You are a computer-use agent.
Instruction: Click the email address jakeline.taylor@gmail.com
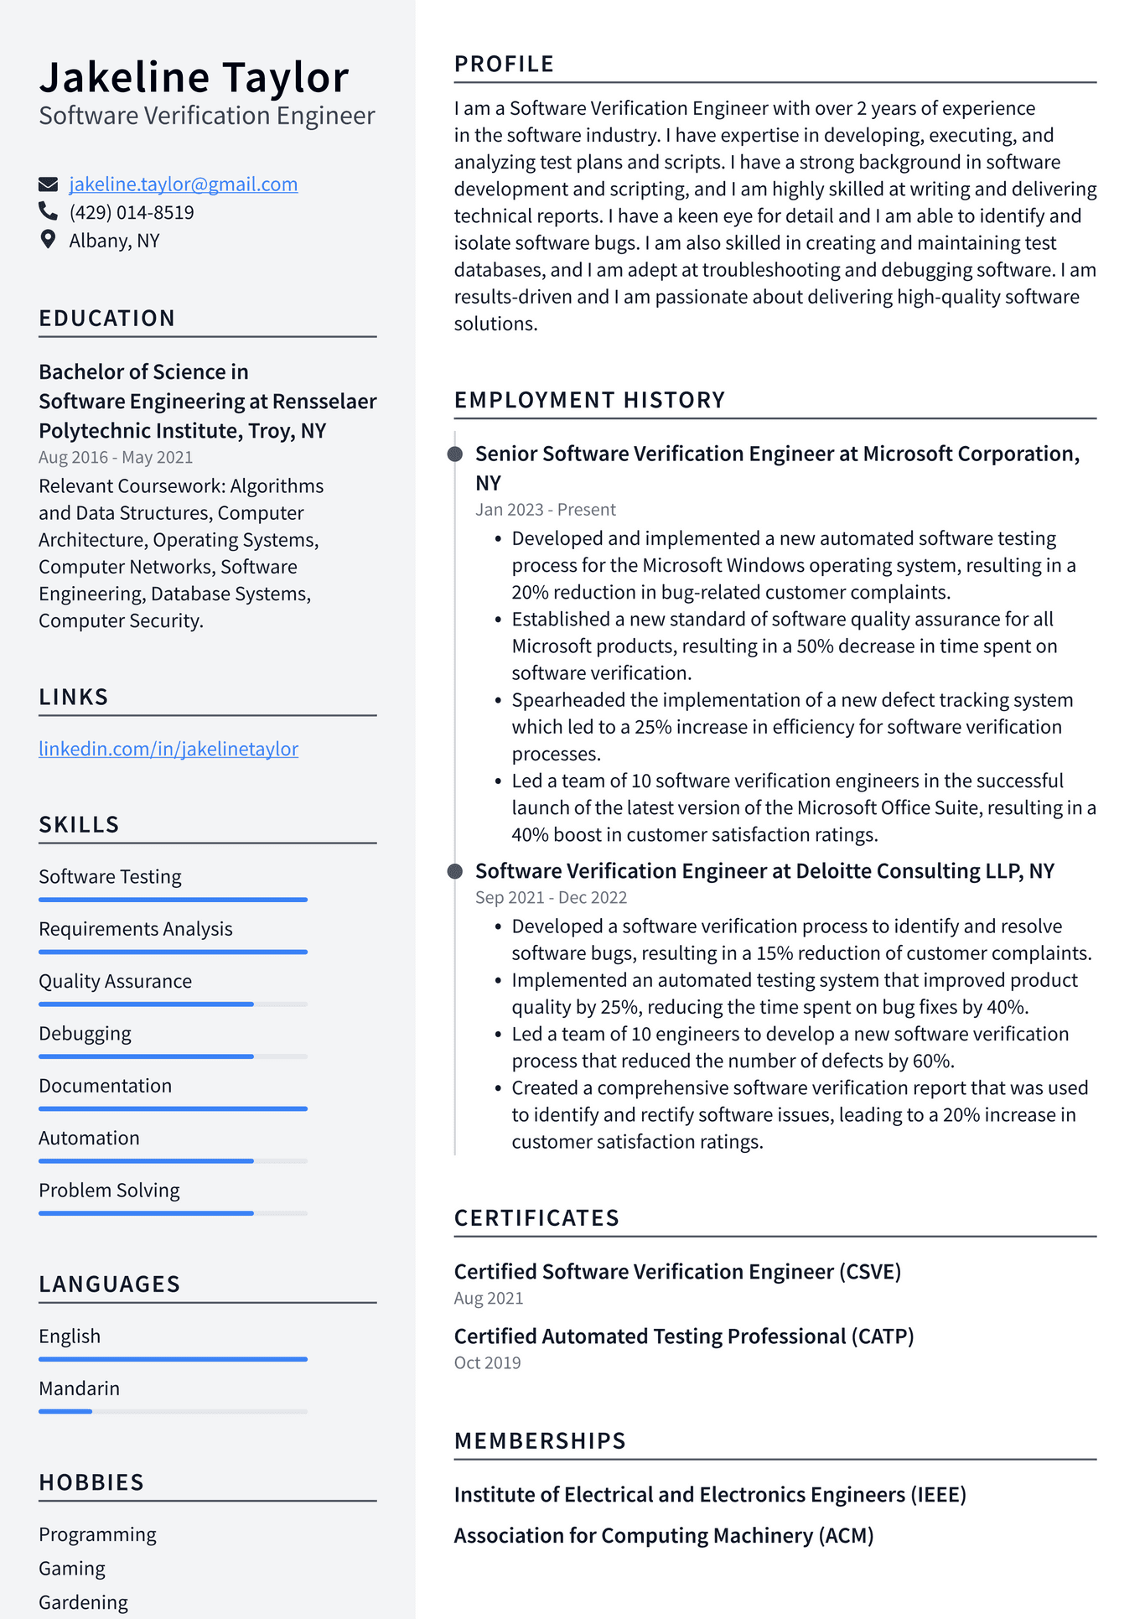pos(183,184)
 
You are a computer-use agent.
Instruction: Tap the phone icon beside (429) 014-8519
pos(48,211)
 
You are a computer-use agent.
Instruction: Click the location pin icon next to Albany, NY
pos(48,240)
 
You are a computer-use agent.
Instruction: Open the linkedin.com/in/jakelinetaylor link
pos(168,749)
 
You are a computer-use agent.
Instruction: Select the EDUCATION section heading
pos(107,319)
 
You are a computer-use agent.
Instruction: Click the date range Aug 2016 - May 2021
pos(116,458)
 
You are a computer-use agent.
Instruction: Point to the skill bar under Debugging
pos(173,1056)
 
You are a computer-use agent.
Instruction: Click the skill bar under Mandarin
pos(173,1412)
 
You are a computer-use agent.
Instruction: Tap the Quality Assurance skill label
pos(116,981)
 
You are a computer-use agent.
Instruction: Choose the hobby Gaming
pos(72,1568)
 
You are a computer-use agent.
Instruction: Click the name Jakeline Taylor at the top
pos(194,77)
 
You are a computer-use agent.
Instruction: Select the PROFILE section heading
pos(504,65)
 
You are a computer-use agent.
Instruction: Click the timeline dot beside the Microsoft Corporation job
pos(455,454)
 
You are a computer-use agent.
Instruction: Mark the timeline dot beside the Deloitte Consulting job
pos(455,871)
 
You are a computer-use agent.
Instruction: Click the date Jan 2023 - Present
pos(546,510)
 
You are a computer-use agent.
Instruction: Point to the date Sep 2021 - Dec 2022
pos(551,898)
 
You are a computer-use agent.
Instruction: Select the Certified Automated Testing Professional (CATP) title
pos(683,1336)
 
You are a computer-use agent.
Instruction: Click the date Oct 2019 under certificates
pos(487,1363)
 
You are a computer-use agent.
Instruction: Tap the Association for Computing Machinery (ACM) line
pos(663,1536)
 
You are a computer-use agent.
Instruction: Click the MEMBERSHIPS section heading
pos(540,1441)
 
